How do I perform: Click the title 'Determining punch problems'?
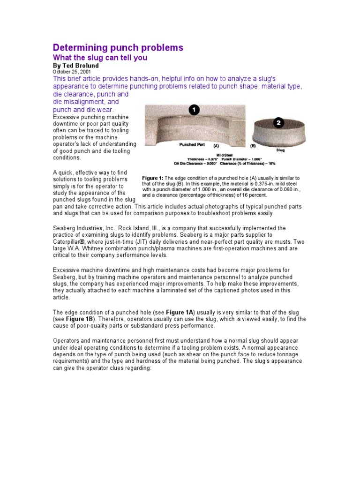pyautogui.click(x=118, y=47)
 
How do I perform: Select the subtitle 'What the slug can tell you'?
pyautogui.click(x=100, y=58)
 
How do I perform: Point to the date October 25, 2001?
pyautogui.click(x=72, y=72)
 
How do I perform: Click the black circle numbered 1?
pyautogui.click(x=194, y=110)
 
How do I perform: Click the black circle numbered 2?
pyautogui.click(x=278, y=123)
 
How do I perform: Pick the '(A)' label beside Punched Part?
pyautogui.click(x=216, y=146)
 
